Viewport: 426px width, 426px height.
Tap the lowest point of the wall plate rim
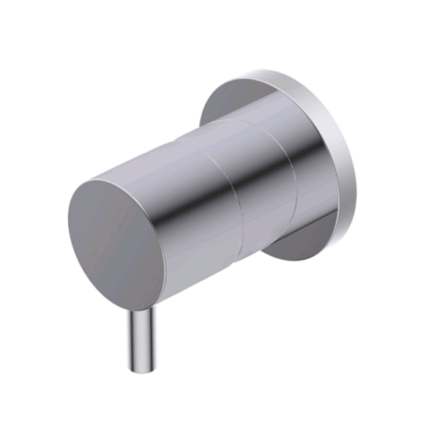point(301,260)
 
